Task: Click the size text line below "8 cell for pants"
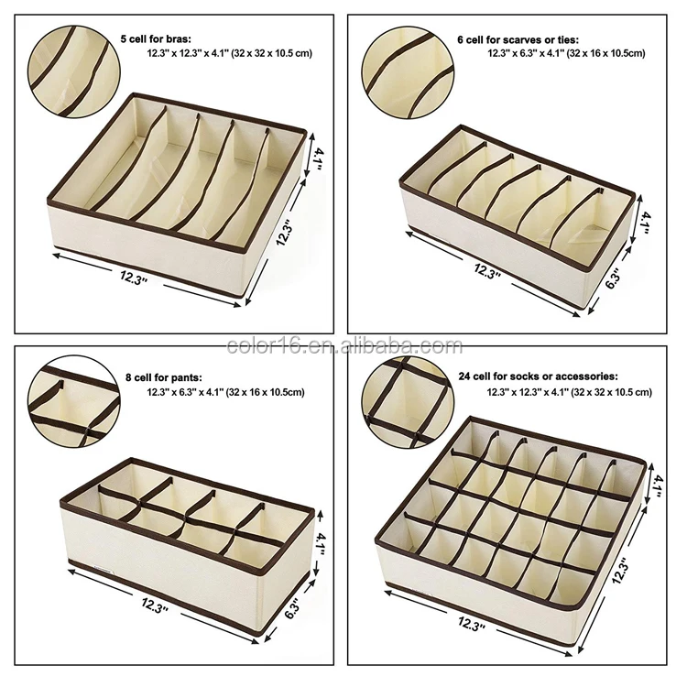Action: pos(225,392)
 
